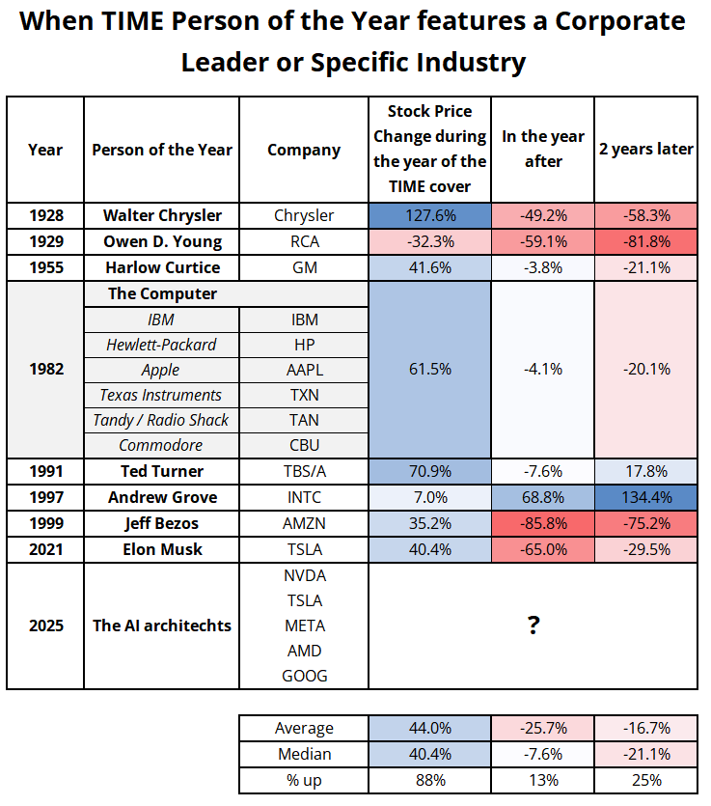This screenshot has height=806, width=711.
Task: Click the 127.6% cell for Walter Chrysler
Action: pyautogui.click(x=429, y=216)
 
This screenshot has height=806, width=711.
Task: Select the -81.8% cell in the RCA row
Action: pyautogui.click(x=645, y=241)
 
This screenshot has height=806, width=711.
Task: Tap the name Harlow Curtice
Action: pyautogui.click(x=162, y=267)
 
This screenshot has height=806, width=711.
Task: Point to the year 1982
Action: pyautogui.click(x=45, y=370)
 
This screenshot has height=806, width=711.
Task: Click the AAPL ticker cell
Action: pyautogui.click(x=304, y=370)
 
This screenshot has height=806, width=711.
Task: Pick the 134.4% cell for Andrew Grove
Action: pyautogui.click(x=645, y=497)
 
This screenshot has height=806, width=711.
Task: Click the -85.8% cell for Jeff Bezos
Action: pyautogui.click(x=543, y=523)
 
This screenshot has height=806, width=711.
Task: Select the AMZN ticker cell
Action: pyautogui.click(x=304, y=523)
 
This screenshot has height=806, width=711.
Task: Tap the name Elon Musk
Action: pyautogui.click(x=162, y=549)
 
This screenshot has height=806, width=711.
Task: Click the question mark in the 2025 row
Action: pyautogui.click(x=533, y=625)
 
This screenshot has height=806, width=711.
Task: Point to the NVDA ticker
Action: pyautogui.click(x=304, y=575)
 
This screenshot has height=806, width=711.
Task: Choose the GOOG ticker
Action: pyautogui.click(x=304, y=676)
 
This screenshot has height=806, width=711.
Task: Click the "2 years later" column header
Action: pyautogui.click(x=645, y=150)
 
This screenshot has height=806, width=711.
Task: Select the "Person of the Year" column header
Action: pyautogui.click(x=162, y=150)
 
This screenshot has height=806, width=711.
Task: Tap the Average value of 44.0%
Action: pyautogui.click(x=429, y=728)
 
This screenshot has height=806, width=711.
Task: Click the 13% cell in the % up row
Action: pyautogui.click(x=543, y=780)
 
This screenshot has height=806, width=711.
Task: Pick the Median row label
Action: pyautogui.click(x=304, y=754)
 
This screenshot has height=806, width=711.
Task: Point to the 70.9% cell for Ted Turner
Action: pyautogui.click(x=429, y=472)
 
